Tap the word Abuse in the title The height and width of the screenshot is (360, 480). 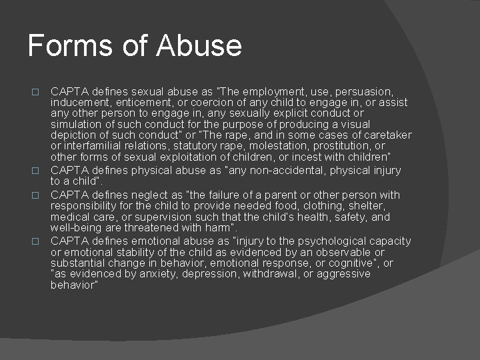pos(199,45)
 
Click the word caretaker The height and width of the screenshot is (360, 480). pos(386,135)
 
